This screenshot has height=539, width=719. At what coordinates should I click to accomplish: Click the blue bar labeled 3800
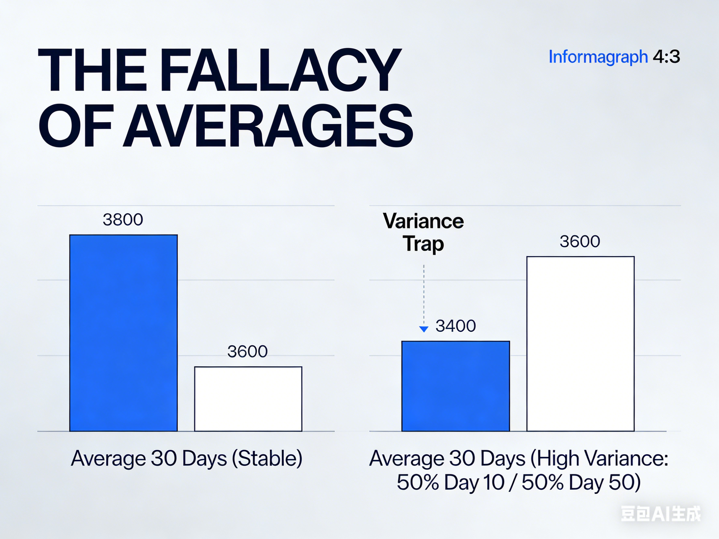pos(123,333)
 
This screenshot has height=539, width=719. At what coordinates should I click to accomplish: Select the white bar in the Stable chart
pos(248,399)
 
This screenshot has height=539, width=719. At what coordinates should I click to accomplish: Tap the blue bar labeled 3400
pos(455,386)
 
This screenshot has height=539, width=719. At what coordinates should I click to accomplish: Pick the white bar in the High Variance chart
pos(581,344)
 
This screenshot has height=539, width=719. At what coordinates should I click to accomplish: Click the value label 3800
pos(123,219)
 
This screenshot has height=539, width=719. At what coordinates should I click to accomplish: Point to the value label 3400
pos(456,326)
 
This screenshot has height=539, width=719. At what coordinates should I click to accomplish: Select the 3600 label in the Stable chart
pos(247,351)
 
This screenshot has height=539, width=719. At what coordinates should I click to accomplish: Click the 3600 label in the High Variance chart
pos(580,241)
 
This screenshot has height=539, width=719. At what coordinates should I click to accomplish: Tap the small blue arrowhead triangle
pos(424,329)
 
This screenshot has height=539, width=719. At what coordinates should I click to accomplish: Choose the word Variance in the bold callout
pos(423,221)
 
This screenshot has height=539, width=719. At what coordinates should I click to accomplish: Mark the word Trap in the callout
pos(423,244)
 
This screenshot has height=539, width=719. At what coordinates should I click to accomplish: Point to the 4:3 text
pos(666,57)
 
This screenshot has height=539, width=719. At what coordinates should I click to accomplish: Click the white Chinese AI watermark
pos(661,514)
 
